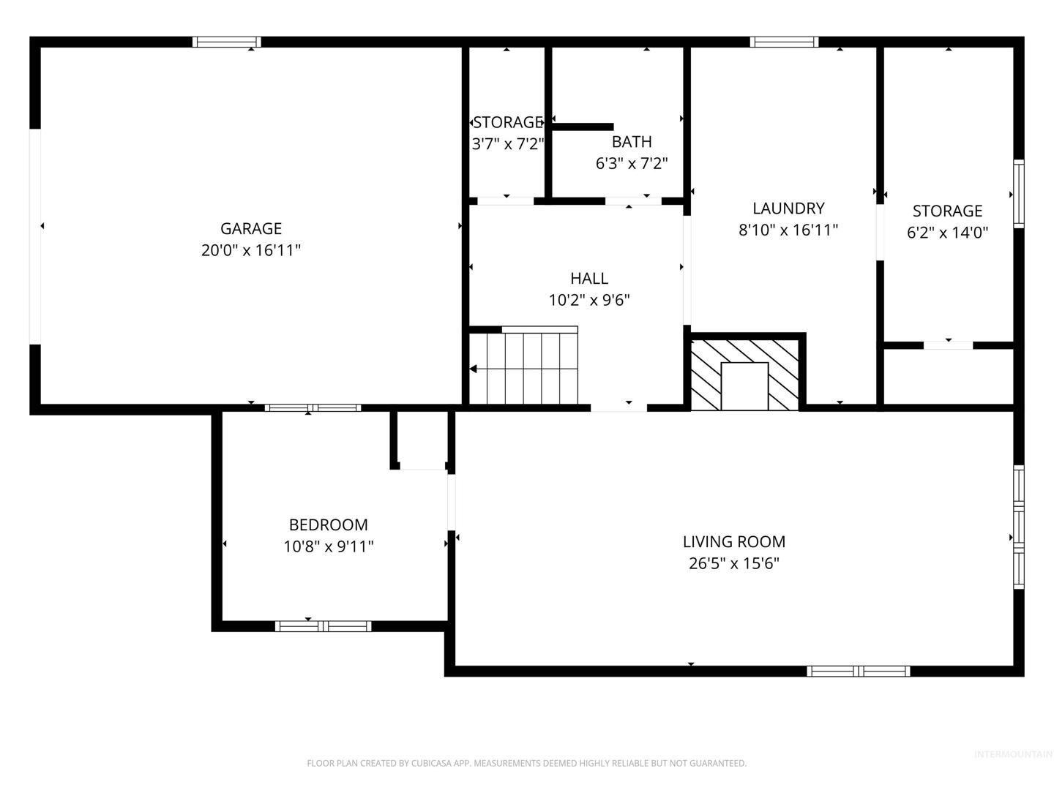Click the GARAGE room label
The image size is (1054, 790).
click(250, 228)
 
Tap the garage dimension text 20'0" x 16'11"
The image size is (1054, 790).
click(250, 250)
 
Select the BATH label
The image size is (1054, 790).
click(632, 141)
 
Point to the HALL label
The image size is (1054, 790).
click(588, 278)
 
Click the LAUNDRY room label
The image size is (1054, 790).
click(788, 208)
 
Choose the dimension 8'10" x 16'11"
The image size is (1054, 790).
click(788, 230)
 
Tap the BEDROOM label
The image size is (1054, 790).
click(328, 524)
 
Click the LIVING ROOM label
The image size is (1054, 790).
click(733, 541)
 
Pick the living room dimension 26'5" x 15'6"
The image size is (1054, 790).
click(733, 563)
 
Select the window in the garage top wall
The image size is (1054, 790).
click(227, 42)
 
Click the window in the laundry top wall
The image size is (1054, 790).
click(784, 42)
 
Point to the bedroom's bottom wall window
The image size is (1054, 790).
click(324, 626)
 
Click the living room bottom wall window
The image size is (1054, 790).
click(858, 671)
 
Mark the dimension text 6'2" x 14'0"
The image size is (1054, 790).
click(947, 233)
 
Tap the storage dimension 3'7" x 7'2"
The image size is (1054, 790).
click(507, 144)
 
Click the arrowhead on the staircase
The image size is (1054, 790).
click(473, 369)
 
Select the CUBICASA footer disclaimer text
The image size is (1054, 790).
click(527, 763)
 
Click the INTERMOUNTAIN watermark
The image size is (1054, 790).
click(1013, 754)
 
